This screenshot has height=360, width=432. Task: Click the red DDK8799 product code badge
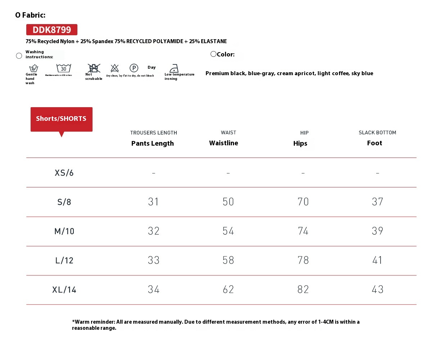pos(52,29)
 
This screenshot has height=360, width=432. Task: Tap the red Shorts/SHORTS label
pos(61,119)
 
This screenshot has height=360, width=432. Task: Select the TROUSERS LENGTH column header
pos(153,133)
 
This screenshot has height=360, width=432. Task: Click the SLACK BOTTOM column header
pos(377,133)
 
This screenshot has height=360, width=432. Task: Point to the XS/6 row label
pos(64,173)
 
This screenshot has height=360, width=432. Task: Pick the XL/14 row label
pos(64,290)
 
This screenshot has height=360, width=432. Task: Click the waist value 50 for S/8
pos(228,202)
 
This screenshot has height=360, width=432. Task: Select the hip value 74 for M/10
pos(303,231)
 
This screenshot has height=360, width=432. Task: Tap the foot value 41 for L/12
pos(377,260)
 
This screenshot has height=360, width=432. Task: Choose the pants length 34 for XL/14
pos(154,290)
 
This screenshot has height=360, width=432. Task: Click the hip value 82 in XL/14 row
pos(303,290)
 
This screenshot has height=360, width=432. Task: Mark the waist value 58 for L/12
pos(228,260)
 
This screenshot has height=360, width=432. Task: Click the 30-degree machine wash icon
pos(64,68)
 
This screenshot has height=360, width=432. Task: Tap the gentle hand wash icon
pos(33,68)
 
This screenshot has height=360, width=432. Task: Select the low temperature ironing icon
pos(174,68)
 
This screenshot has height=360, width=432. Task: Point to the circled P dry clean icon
pos(134,68)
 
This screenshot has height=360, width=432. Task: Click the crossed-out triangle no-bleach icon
pos(114,68)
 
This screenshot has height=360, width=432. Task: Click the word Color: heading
pos(225,54)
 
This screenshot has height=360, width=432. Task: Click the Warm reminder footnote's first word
pos(82,322)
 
